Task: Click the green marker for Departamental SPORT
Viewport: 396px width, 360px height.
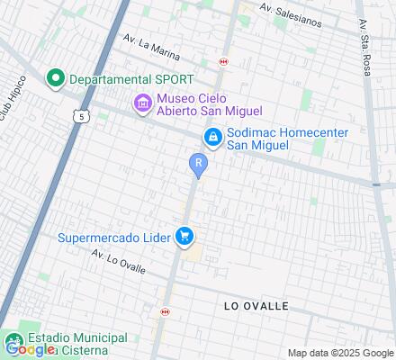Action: click(x=54, y=78)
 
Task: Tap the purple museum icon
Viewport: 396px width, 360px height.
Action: click(x=142, y=104)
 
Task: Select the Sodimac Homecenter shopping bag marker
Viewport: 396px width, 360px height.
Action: click(x=212, y=137)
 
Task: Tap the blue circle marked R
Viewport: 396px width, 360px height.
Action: click(x=198, y=164)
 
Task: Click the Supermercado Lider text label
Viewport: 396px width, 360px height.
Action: click(x=113, y=238)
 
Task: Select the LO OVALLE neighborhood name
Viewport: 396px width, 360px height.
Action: click(x=256, y=306)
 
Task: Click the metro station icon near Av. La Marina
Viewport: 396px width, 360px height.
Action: click(x=222, y=62)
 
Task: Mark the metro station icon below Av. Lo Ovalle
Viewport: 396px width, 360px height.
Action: click(x=164, y=311)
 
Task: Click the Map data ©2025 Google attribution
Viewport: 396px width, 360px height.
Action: click(x=341, y=353)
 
